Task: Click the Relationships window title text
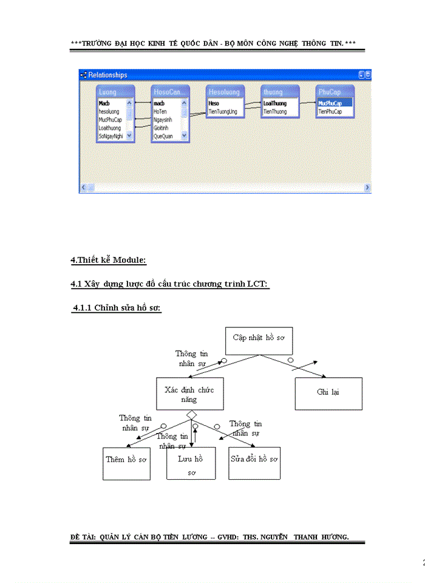click(x=107, y=75)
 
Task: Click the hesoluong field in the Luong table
click(x=109, y=112)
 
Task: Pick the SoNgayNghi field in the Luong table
click(x=111, y=137)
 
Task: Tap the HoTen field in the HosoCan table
click(x=160, y=112)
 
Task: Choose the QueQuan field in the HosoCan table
click(x=163, y=137)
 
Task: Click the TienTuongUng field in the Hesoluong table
click(x=223, y=112)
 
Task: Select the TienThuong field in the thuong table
click(x=275, y=112)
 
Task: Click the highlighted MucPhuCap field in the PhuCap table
click(x=330, y=104)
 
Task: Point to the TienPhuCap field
click(x=330, y=112)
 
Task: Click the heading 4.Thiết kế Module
click(x=108, y=261)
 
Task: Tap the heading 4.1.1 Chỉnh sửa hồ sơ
click(x=116, y=309)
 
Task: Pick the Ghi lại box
click(x=328, y=393)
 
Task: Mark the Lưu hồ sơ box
click(x=191, y=464)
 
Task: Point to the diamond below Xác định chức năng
click(x=191, y=415)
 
